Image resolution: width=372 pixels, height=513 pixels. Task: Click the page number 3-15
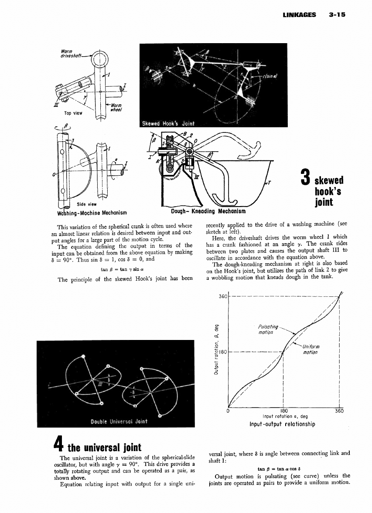coord(337,14)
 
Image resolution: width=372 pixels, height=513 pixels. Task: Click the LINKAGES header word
coord(299,14)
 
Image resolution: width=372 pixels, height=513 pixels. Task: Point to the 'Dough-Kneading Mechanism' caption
coord(206,211)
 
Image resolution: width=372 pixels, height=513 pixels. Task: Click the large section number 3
coord(306,179)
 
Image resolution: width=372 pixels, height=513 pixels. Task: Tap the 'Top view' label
coord(73,113)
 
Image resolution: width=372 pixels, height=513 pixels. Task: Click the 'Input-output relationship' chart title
coord(282,424)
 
